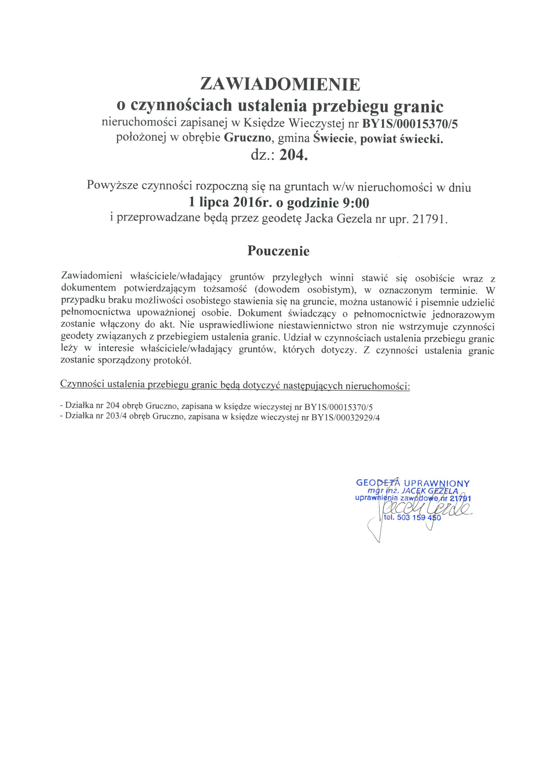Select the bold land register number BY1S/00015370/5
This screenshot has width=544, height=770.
coord(410,124)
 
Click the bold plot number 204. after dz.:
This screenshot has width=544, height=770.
coord(293,155)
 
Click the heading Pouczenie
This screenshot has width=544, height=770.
coord(278,251)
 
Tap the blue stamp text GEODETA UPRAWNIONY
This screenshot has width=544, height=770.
coord(413,483)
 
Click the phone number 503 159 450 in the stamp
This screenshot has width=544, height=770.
coord(419,518)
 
